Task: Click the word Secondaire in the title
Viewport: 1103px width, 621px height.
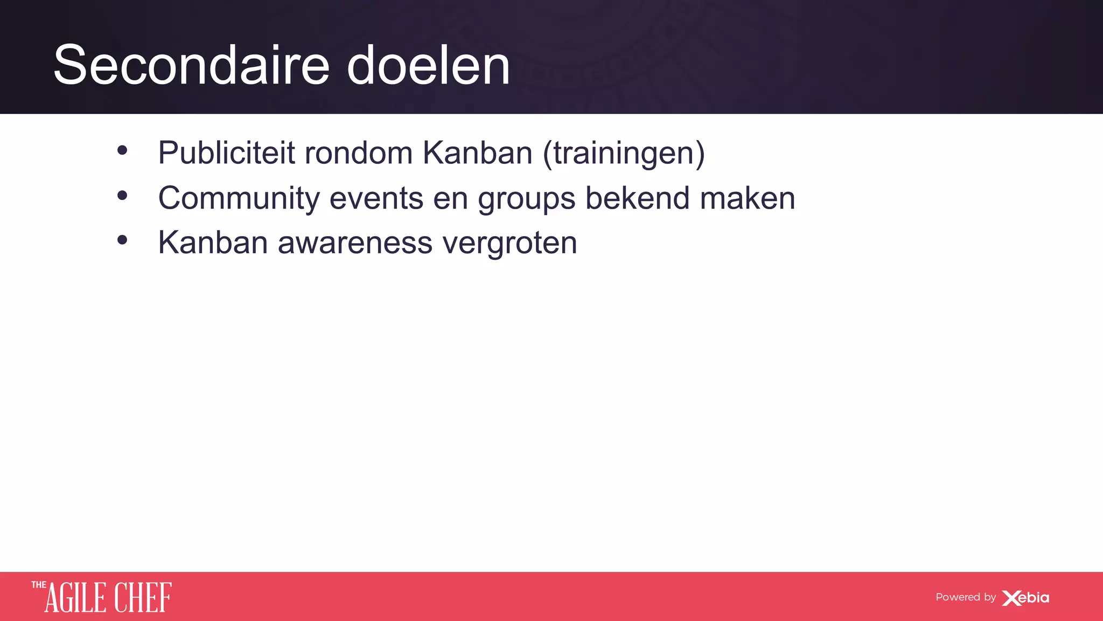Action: click(x=191, y=66)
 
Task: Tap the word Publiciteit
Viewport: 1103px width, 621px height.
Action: click(x=226, y=153)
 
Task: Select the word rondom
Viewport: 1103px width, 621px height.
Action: click(x=359, y=153)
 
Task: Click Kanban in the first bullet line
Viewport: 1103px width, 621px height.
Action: click(x=477, y=153)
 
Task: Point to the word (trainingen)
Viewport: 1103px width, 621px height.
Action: click(x=624, y=154)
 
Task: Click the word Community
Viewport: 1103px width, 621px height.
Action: click(x=239, y=198)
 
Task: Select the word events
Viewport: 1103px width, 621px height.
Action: click(x=376, y=198)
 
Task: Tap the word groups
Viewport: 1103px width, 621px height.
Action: click(x=527, y=199)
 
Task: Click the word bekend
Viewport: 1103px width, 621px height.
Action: click(x=637, y=198)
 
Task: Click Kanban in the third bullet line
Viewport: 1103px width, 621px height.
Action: click(x=213, y=243)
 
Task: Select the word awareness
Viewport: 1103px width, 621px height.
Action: click(x=355, y=243)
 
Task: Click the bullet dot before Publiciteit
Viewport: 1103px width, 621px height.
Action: click(x=122, y=151)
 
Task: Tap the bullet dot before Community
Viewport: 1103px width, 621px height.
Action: click(x=122, y=196)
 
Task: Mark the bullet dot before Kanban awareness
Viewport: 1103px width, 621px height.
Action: click(x=122, y=240)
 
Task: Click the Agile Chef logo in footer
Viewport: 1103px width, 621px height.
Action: click(x=102, y=597)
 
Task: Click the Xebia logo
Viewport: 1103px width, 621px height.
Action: click(x=1025, y=598)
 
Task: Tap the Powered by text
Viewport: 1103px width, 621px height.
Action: click(x=965, y=597)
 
